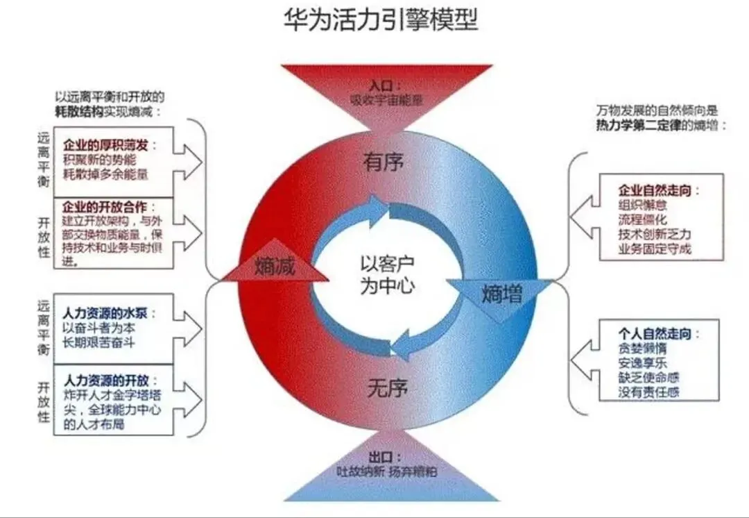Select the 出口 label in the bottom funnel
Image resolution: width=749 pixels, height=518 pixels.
[381, 458]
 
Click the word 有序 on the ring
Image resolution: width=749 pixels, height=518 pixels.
[384, 162]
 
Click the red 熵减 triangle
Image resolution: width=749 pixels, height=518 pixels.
[275, 267]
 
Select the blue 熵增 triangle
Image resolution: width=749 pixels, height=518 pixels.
[501, 294]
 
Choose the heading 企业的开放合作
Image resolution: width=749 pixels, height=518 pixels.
[109, 207]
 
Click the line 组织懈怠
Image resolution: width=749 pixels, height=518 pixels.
[644, 205]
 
